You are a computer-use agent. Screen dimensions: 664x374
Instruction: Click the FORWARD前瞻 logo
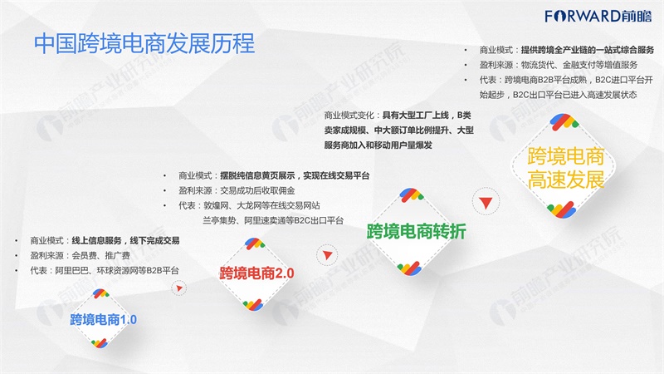[598, 16]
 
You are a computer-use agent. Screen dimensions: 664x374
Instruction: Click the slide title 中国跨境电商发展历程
[144, 43]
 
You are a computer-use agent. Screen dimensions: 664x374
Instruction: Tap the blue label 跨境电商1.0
[103, 319]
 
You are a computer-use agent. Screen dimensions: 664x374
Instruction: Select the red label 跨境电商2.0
[256, 273]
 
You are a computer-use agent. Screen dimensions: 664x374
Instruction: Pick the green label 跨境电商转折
[417, 231]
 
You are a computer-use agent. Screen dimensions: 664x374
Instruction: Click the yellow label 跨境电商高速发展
[566, 168]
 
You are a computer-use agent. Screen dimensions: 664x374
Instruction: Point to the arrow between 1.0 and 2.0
[179, 288]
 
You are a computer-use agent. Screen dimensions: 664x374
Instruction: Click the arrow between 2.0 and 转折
[327, 255]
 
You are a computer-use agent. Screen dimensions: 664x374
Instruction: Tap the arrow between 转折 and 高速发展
[486, 203]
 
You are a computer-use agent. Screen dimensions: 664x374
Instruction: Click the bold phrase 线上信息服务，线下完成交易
[125, 241]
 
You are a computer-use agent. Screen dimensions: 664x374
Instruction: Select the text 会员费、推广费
[100, 255]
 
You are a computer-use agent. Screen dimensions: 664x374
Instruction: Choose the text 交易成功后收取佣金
[257, 190]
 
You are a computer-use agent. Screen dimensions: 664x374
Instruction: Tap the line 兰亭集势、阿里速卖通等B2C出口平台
[273, 220]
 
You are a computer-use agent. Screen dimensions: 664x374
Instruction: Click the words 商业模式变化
[349, 116]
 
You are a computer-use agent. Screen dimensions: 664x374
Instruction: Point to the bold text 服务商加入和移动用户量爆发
[378, 145]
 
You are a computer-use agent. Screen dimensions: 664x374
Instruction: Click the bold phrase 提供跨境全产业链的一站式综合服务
[588, 50]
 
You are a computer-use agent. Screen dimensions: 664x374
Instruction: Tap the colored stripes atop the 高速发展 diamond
[564, 122]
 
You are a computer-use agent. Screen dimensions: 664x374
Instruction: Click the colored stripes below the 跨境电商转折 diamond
[409, 268]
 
